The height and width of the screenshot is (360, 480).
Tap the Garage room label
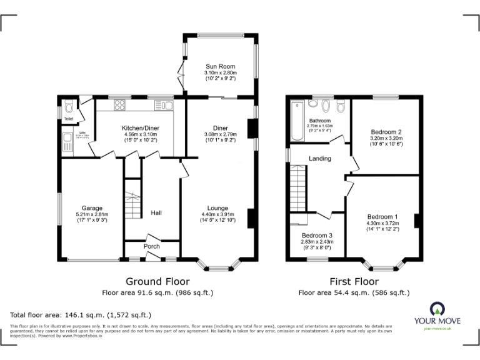pos(92,208)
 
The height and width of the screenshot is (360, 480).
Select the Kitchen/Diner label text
pos(141,128)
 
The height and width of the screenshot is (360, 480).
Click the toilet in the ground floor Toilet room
pos(69,104)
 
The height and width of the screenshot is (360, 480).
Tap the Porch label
pos(152,246)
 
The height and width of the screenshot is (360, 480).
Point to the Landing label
pos(320,159)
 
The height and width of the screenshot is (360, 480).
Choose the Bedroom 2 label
pos(386,132)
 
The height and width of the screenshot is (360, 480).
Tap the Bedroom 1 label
pos(382,217)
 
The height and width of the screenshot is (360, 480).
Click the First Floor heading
pos(354,282)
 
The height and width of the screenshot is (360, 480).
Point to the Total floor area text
pos(81,315)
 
